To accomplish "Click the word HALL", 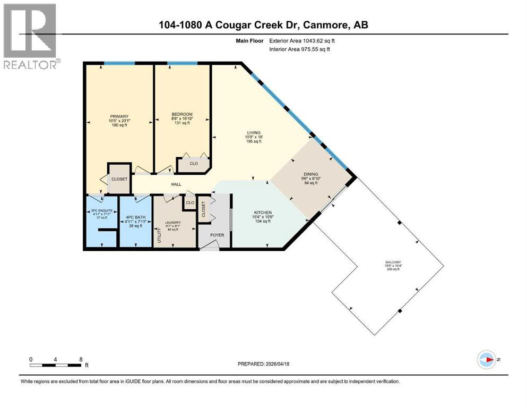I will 176,184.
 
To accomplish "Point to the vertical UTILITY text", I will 158,234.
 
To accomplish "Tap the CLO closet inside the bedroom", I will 194,164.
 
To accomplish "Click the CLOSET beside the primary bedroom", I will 119,179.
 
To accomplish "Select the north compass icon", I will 487,360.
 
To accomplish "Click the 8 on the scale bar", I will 81,359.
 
